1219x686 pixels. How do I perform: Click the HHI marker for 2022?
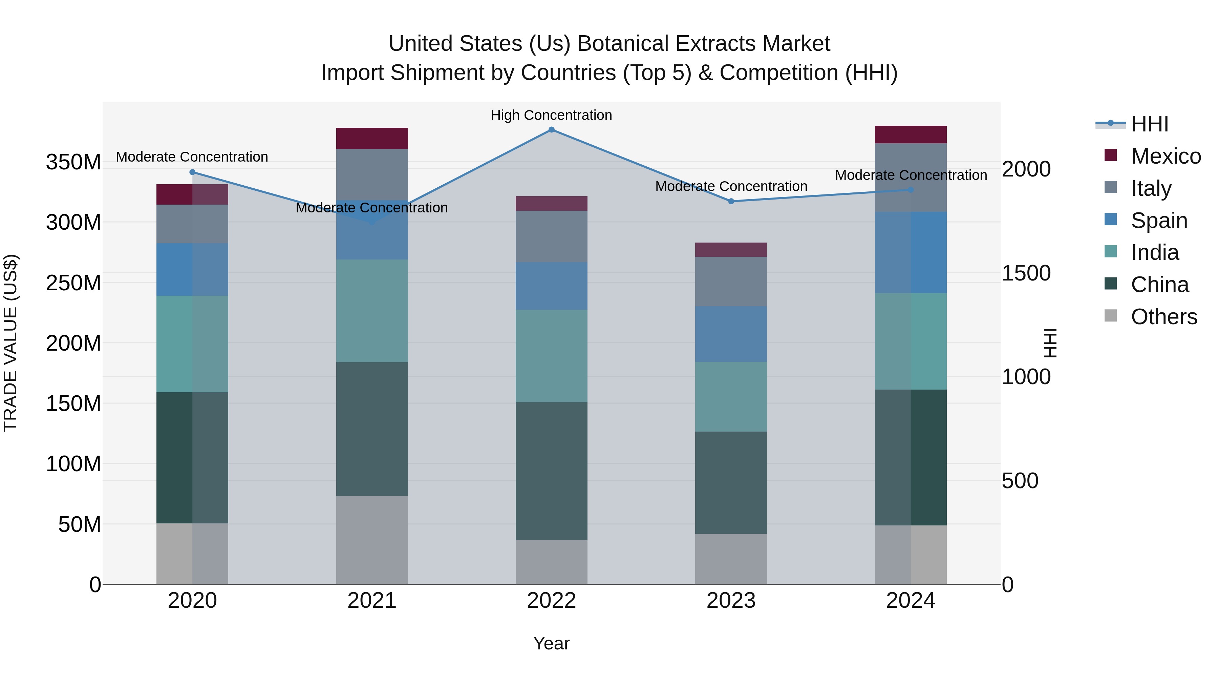click(551, 130)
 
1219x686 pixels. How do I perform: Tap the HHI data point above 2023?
click(731, 201)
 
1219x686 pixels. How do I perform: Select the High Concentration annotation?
click(551, 115)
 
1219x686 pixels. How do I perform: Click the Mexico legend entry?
click(1165, 156)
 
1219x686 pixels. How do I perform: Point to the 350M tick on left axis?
click(73, 162)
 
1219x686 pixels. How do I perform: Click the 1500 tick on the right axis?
click(1026, 273)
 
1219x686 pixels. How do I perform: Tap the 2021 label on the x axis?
click(371, 601)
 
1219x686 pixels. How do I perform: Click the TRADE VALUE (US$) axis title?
click(10, 343)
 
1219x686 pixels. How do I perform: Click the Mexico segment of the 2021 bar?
click(372, 138)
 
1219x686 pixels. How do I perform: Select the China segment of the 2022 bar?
click(551, 471)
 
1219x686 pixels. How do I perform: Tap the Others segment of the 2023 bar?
click(731, 559)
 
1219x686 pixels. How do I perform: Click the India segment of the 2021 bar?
click(372, 311)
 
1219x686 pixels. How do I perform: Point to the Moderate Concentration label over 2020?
click(192, 157)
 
